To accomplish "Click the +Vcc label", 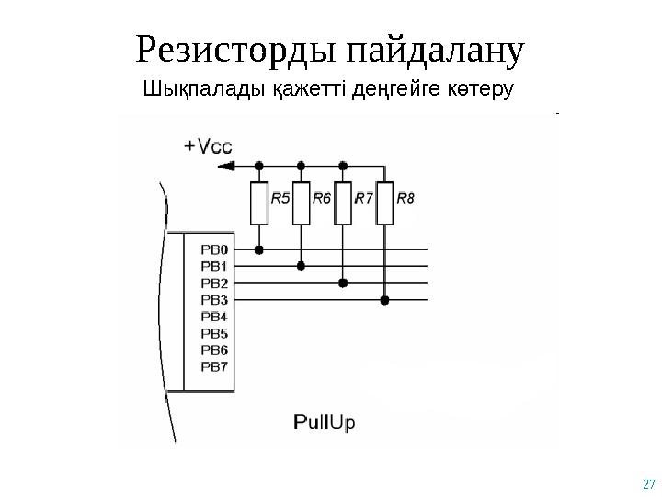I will pyautogui.click(x=208, y=146).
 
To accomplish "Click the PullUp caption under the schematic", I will pyautogui.click(x=324, y=422).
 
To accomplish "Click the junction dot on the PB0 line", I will pyautogui.click(x=259, y=249).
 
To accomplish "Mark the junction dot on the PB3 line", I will pyautogui.click(x=385, y=300).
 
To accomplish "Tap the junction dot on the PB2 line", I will pyautogui.click(x=343, y=283).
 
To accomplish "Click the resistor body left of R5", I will pyautogui.click(x=258, y=204).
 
